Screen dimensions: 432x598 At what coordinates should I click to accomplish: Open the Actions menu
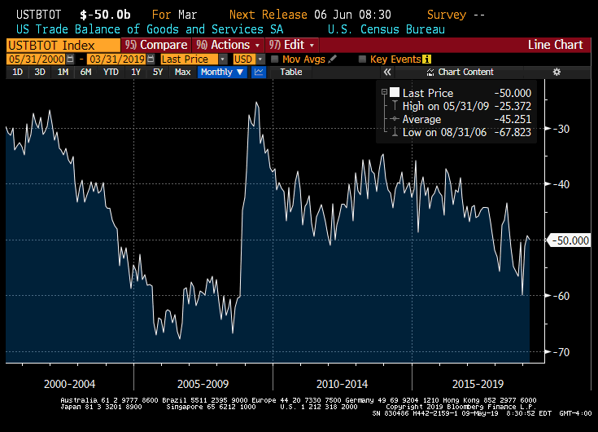(228, 45)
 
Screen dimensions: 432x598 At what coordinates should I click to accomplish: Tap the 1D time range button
(17, 72)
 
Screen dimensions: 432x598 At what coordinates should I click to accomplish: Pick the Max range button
(182, 72)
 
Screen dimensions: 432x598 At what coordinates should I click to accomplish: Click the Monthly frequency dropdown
(222, 72)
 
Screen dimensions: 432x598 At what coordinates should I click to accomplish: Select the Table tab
(291, 72)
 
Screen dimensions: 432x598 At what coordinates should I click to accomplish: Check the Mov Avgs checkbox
(276, 59)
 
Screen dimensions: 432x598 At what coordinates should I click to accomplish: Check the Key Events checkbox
(363, 59)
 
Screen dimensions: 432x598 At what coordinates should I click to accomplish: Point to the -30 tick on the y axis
(561, 129)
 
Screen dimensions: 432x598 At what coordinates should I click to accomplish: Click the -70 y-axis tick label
(561, 352)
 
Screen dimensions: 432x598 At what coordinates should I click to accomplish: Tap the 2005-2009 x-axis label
(203, 383)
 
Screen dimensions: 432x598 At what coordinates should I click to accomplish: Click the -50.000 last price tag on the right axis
(569, 240)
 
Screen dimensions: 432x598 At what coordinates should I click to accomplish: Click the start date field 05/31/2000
(33, 59)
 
